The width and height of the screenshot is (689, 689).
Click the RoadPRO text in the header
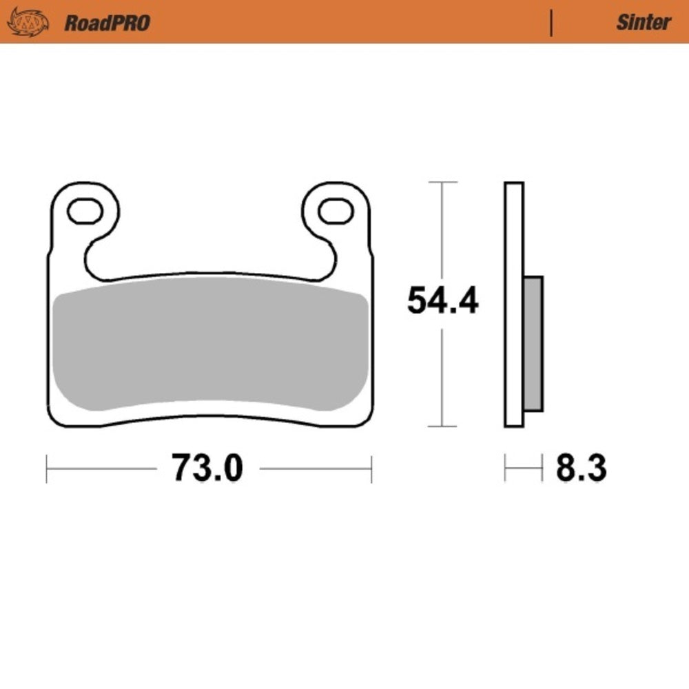click(107, 23)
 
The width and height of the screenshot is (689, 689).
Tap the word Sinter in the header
click(642, 22)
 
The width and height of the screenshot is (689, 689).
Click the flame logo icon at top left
click(28, 21)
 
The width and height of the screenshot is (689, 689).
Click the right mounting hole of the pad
click(337, 211)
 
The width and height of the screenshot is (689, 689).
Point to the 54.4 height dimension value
click(442, 301)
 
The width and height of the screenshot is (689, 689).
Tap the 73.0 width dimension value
click(207, 469)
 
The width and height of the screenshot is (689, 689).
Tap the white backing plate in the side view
click(514, 227)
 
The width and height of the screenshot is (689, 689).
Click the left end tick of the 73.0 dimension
click(47, 469)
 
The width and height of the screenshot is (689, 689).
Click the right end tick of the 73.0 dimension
click(371, 469)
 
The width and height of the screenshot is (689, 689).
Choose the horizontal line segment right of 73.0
click(315, 469)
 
